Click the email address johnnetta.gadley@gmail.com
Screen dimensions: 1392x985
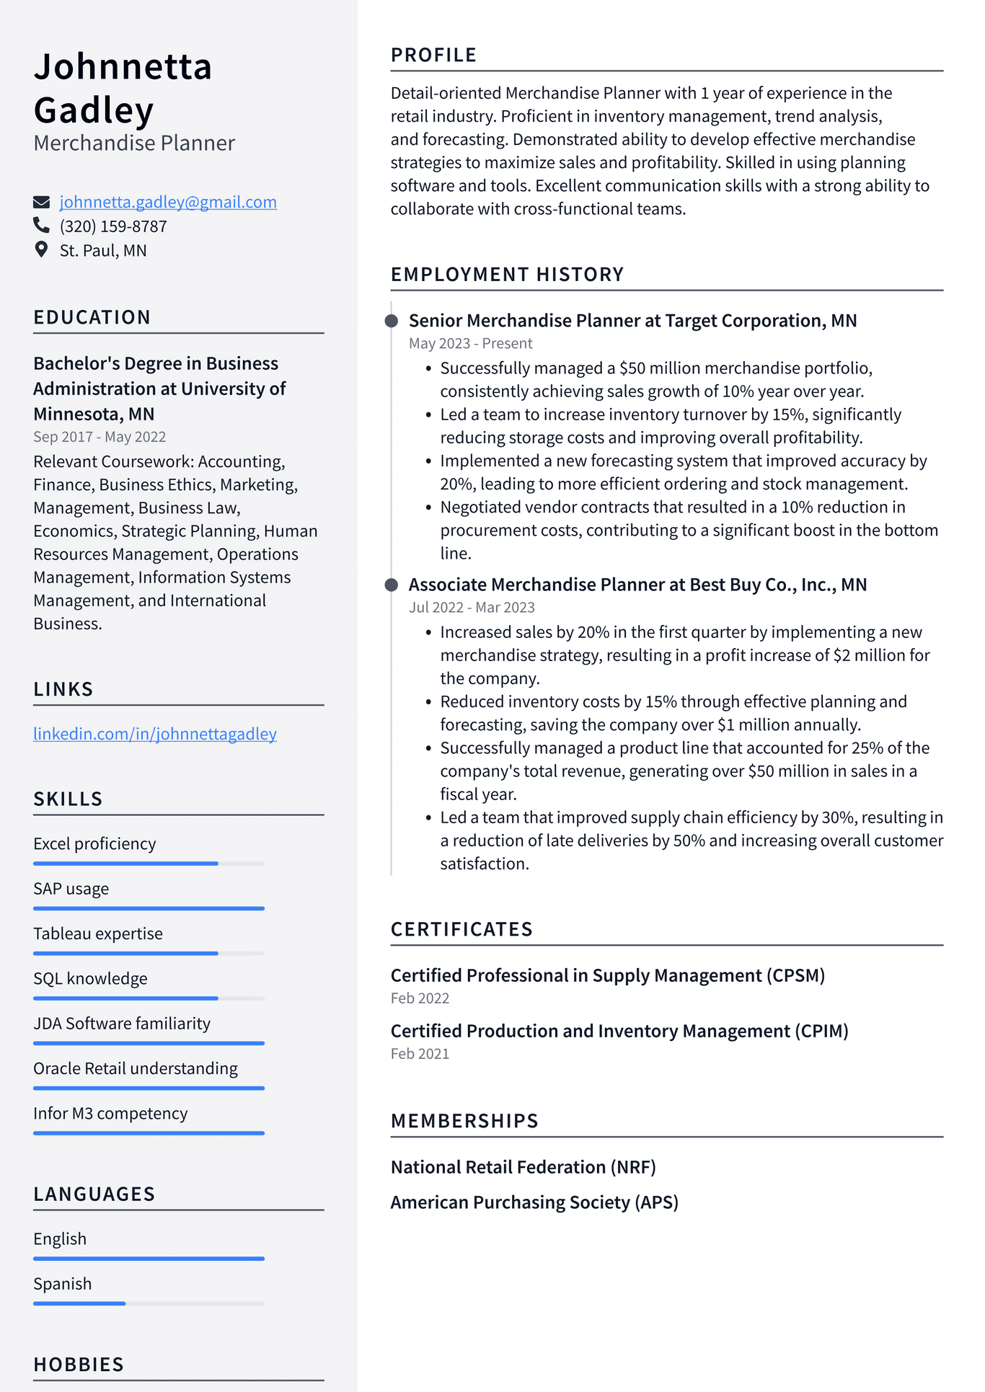coord(168,202)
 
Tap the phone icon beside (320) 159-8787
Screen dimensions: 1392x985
coord(41,226)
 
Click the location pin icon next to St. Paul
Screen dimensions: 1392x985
coord(41,249)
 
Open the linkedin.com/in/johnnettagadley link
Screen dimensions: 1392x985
coord(155,734)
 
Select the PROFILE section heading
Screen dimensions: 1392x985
coord(433,55)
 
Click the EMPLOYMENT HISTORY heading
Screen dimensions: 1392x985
coord(507,275)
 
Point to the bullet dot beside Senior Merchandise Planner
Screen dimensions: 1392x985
coord(392,321)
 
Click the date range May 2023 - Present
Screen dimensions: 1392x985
coord(470,343)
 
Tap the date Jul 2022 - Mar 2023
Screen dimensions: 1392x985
coord(472,607)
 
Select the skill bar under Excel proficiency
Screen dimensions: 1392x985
coord(149,863)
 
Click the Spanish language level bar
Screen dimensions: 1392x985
coord(149,1303)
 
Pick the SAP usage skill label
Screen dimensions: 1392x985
coord(71,889)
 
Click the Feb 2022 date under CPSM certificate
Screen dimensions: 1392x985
coord(420,998)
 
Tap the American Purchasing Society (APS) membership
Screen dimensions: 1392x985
coord(534,1202)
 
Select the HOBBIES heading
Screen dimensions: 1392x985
coord(79,1365)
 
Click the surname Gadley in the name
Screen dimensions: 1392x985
coord(94,110)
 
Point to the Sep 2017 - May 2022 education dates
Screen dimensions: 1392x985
coord(100,437)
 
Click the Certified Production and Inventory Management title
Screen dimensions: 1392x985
coord(619,1031)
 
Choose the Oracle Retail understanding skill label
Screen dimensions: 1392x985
coord(136,1068)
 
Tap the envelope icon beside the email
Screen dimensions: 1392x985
coord(41,202)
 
